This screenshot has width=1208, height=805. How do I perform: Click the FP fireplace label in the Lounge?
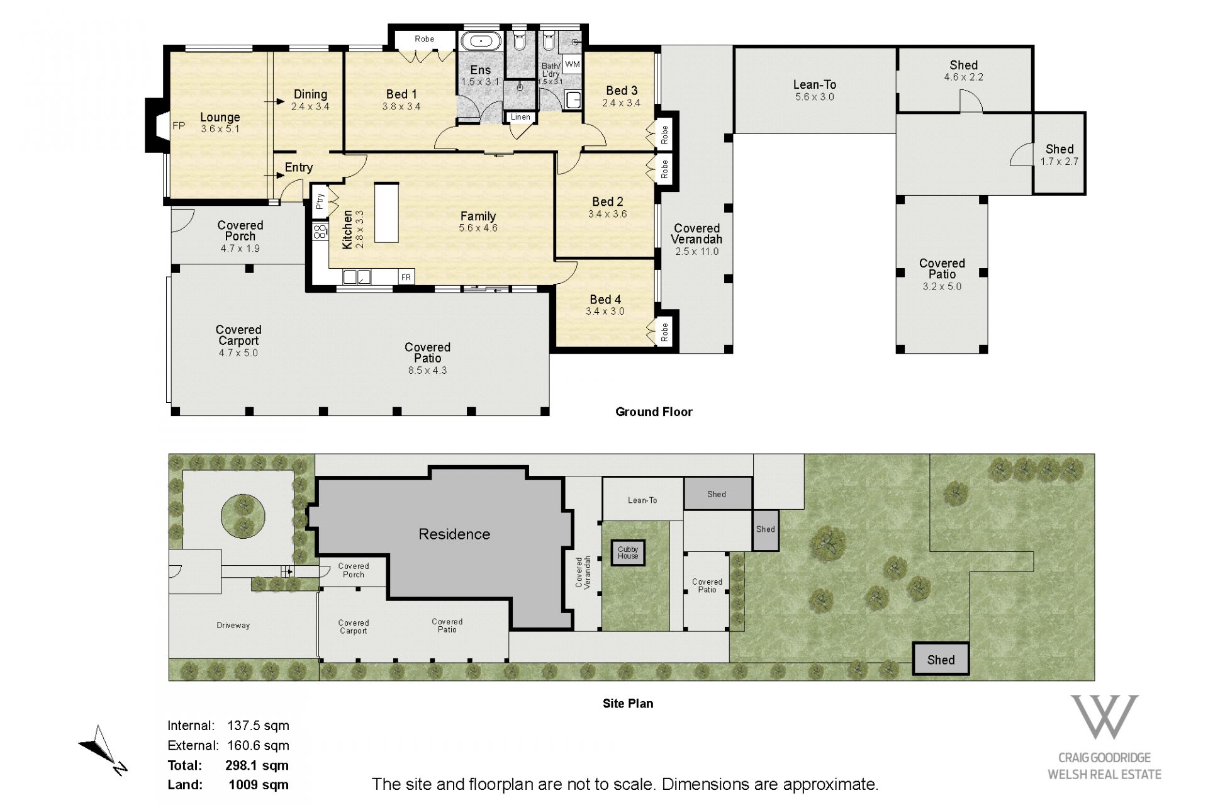[179, 126]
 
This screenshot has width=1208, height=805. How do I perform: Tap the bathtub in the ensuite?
[481, 42]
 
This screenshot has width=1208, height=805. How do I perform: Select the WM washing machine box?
[572, 64]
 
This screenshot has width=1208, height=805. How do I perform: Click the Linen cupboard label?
[520, 117]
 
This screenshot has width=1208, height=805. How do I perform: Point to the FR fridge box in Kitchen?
[406, 277]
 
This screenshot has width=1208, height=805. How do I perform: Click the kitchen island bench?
[387, 212]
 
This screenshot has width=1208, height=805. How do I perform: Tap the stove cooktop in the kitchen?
[320, 231]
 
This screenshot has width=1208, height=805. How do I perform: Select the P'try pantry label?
[320, 200]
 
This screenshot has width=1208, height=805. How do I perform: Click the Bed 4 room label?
[605, 300]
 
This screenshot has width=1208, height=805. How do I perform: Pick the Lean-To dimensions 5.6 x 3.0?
[814, 97]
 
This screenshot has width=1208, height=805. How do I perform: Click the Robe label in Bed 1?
[424, 39]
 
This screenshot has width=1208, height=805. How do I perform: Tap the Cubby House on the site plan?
[628, 553]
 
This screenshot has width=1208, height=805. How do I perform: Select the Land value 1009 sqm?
[259, 785]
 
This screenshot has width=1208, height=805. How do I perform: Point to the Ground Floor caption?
[654, 412]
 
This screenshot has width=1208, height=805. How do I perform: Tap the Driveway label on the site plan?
[233, 625]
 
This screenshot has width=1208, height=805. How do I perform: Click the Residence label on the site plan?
[454, 534]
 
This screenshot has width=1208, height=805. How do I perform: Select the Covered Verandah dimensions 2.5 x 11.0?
[696, 252]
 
